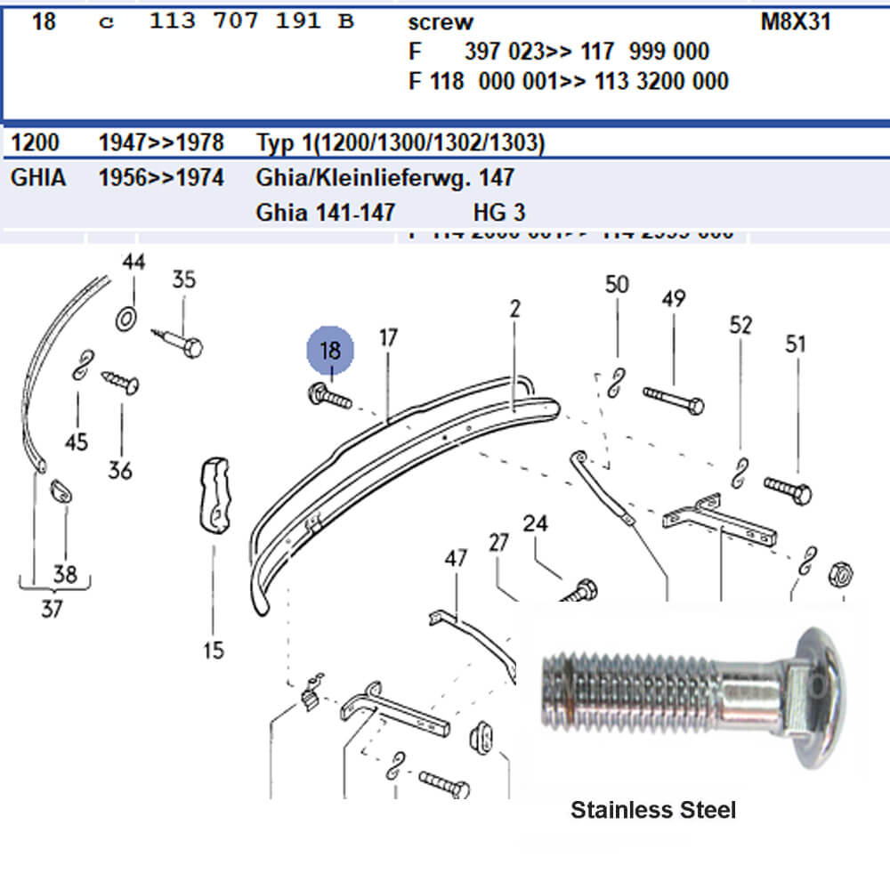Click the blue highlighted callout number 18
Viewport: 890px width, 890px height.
331,351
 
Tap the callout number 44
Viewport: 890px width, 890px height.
133,263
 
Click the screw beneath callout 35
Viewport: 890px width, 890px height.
183,341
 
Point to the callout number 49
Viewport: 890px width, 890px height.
674,299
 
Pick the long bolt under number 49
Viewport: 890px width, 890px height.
673,399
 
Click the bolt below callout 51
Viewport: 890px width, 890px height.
787,488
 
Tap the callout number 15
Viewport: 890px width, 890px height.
214,650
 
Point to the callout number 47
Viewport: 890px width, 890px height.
456,559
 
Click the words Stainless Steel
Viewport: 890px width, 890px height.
653,810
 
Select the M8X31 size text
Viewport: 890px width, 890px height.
795,21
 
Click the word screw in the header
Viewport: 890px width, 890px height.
441,21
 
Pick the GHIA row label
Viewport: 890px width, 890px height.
38,177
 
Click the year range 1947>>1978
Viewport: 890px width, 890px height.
161,142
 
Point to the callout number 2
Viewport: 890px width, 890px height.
514,309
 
